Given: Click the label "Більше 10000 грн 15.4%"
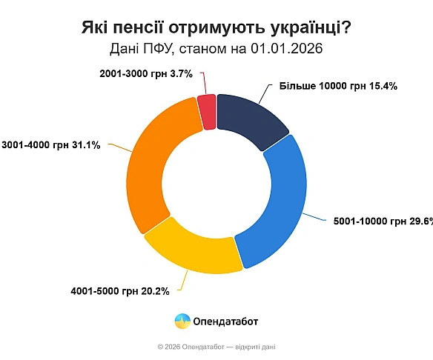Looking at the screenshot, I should coord(338,86).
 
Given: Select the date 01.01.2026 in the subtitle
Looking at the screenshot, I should coord(288,49).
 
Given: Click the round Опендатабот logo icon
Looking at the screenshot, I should coord(182,321).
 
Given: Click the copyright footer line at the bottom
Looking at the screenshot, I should coord(216,347).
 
